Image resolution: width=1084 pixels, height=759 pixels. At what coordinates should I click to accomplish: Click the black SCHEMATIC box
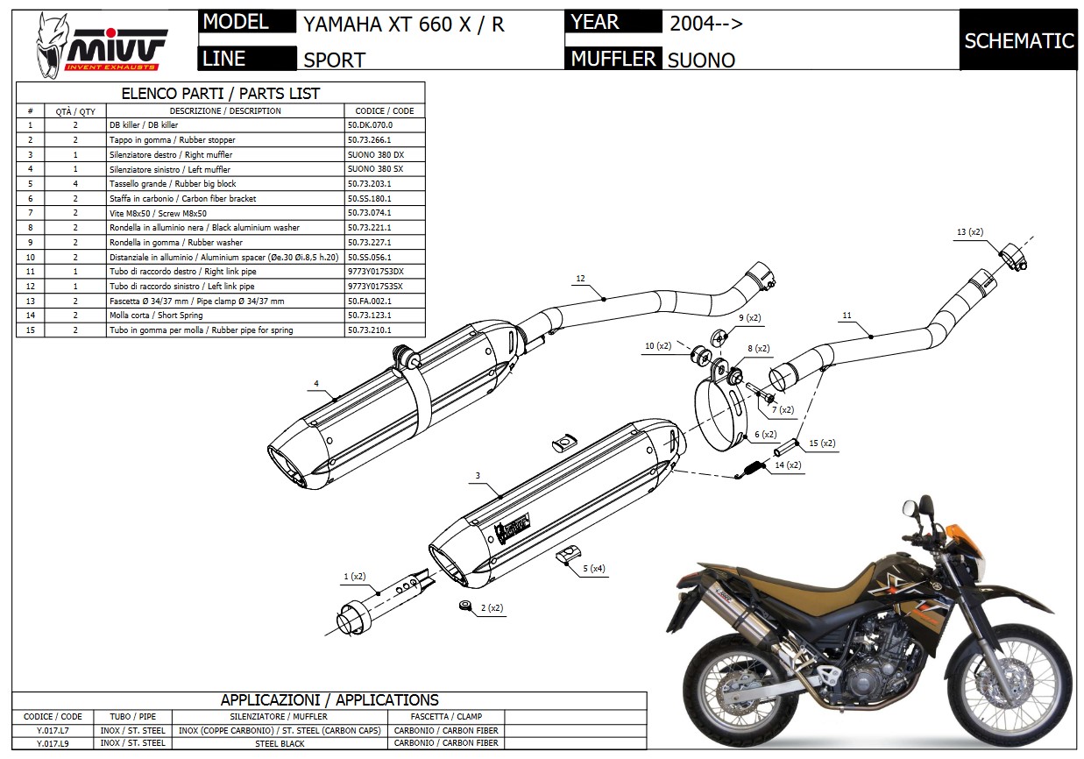point(1018,40)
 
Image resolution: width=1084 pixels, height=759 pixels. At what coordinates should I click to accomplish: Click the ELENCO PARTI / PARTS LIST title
point(220,93)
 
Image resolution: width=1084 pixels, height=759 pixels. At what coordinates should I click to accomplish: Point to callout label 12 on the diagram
point(580,279)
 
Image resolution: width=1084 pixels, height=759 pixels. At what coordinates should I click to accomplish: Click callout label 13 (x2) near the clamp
point(970,232)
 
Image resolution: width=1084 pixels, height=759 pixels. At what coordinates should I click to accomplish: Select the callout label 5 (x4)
point(592,568)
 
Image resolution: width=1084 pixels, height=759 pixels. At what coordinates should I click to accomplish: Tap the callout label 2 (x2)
point(491,606)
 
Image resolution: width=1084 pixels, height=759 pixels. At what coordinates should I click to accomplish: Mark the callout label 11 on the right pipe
point(847,316)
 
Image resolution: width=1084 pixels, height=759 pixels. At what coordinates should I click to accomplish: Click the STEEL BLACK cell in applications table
point(280,743)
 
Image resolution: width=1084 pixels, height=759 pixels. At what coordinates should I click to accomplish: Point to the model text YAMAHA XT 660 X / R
point(404,25)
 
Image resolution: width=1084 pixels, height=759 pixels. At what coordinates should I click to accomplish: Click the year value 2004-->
point(706,24)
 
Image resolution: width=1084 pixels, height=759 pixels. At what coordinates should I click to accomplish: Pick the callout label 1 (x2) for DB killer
point(354,576)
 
